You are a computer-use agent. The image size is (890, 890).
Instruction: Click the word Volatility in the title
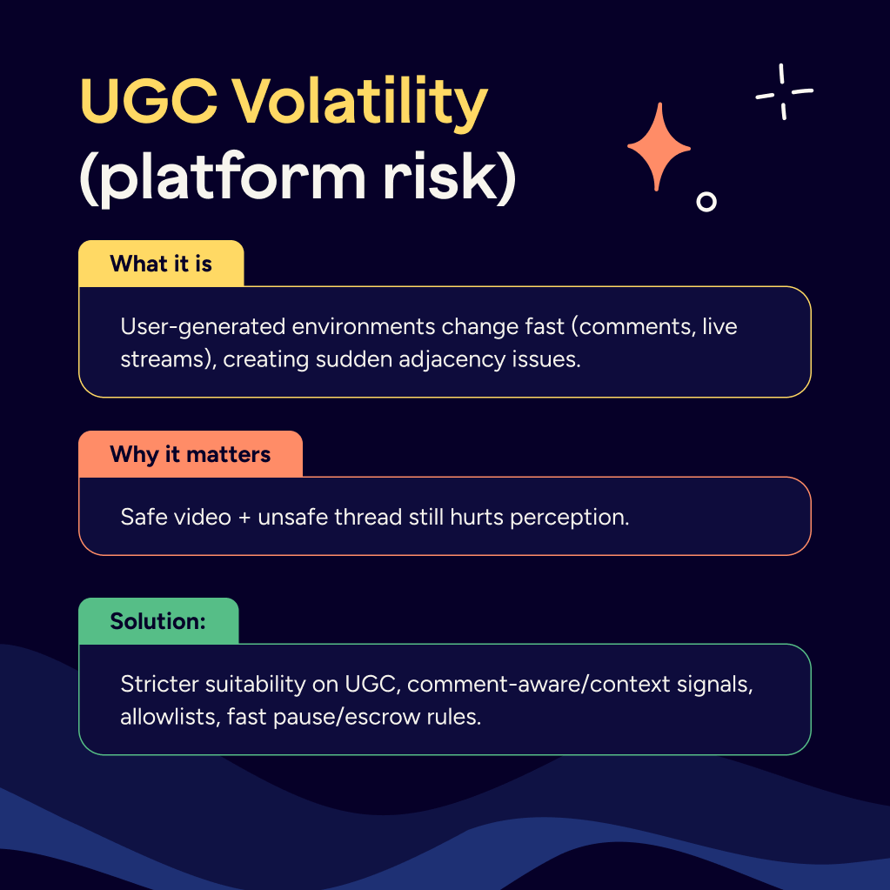358,104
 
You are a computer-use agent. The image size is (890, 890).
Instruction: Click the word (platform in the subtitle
217,178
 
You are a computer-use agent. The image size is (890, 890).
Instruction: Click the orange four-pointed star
659,147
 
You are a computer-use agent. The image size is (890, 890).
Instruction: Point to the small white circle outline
706,202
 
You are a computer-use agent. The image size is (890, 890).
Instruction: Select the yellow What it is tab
161,264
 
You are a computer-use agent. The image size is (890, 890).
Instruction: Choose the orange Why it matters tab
190,454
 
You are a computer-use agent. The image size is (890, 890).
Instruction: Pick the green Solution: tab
157,621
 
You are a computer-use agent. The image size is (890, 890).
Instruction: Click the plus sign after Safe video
245,517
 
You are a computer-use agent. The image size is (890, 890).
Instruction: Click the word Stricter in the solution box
160,684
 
